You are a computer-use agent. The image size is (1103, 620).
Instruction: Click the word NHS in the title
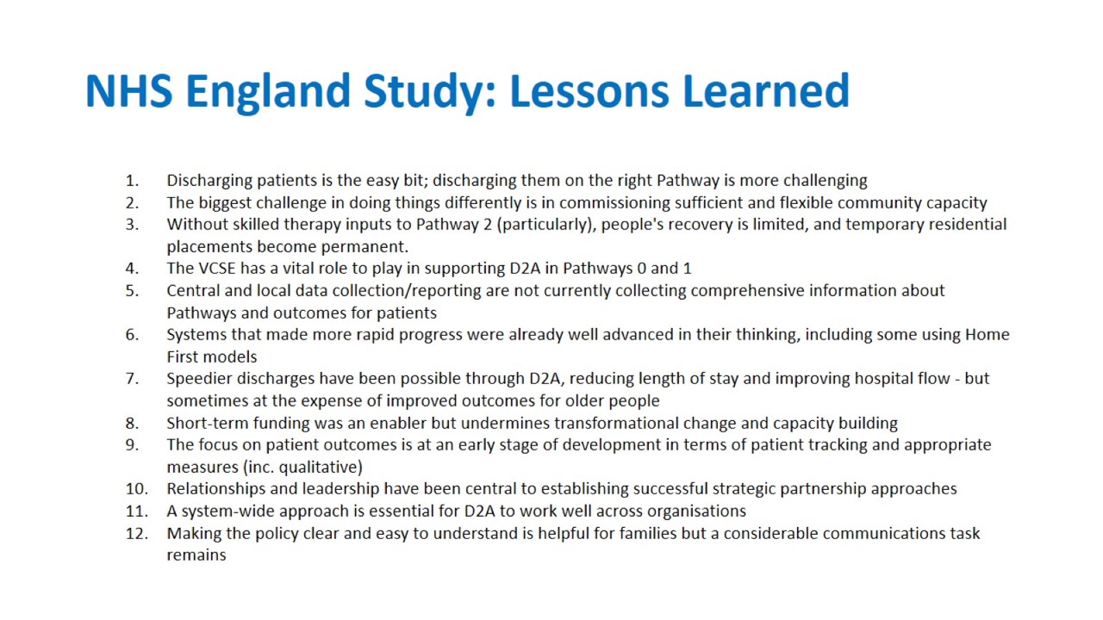click(x=129, y=90)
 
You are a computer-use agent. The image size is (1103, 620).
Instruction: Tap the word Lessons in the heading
click(x=589, y=90)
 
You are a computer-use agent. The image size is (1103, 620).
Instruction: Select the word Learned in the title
click(x=766, y=90)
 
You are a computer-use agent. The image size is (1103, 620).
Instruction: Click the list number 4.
click(x=132, y=268)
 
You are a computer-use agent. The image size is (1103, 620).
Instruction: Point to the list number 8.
click(x=132, y=423)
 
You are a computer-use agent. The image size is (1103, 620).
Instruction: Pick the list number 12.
click(x=136, y=533)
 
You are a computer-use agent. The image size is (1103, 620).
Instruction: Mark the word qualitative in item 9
click(x=321, y=468)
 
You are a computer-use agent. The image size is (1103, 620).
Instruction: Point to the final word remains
click(x=196, y=555)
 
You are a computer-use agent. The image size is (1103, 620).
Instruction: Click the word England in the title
click(x=267, y=90)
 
